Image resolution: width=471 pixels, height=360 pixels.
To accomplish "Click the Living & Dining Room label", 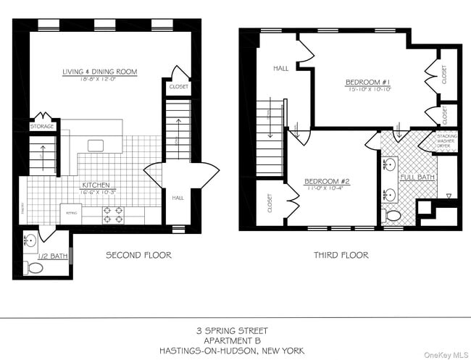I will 99,72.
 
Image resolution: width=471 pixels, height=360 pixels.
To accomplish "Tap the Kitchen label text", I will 96,185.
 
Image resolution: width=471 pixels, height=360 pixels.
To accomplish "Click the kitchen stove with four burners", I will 114,214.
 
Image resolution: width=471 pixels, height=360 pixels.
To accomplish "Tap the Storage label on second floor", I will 42,127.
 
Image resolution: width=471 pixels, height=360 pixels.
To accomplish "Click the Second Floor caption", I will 138,255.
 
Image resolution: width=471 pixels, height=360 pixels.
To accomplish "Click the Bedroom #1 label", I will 367,83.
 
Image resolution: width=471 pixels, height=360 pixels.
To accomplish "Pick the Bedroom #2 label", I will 327,180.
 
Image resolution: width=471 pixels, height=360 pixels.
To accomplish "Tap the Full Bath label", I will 417,176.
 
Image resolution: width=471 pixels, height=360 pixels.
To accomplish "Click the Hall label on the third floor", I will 281,68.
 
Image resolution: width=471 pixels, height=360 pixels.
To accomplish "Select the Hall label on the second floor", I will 178,197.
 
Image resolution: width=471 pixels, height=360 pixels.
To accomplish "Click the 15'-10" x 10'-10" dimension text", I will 367,91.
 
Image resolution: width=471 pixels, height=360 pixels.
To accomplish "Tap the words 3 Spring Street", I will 235,330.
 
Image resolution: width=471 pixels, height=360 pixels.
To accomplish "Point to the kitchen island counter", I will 96,145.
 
